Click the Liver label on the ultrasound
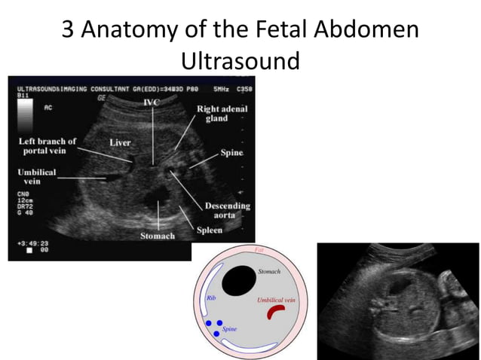tap(121, 141)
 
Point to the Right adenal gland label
tap(222, 114)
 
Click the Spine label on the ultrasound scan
tap(232, 152)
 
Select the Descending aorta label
tap(228, 211)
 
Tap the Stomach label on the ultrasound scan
tap(157, 236)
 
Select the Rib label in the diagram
tap(212, 298)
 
